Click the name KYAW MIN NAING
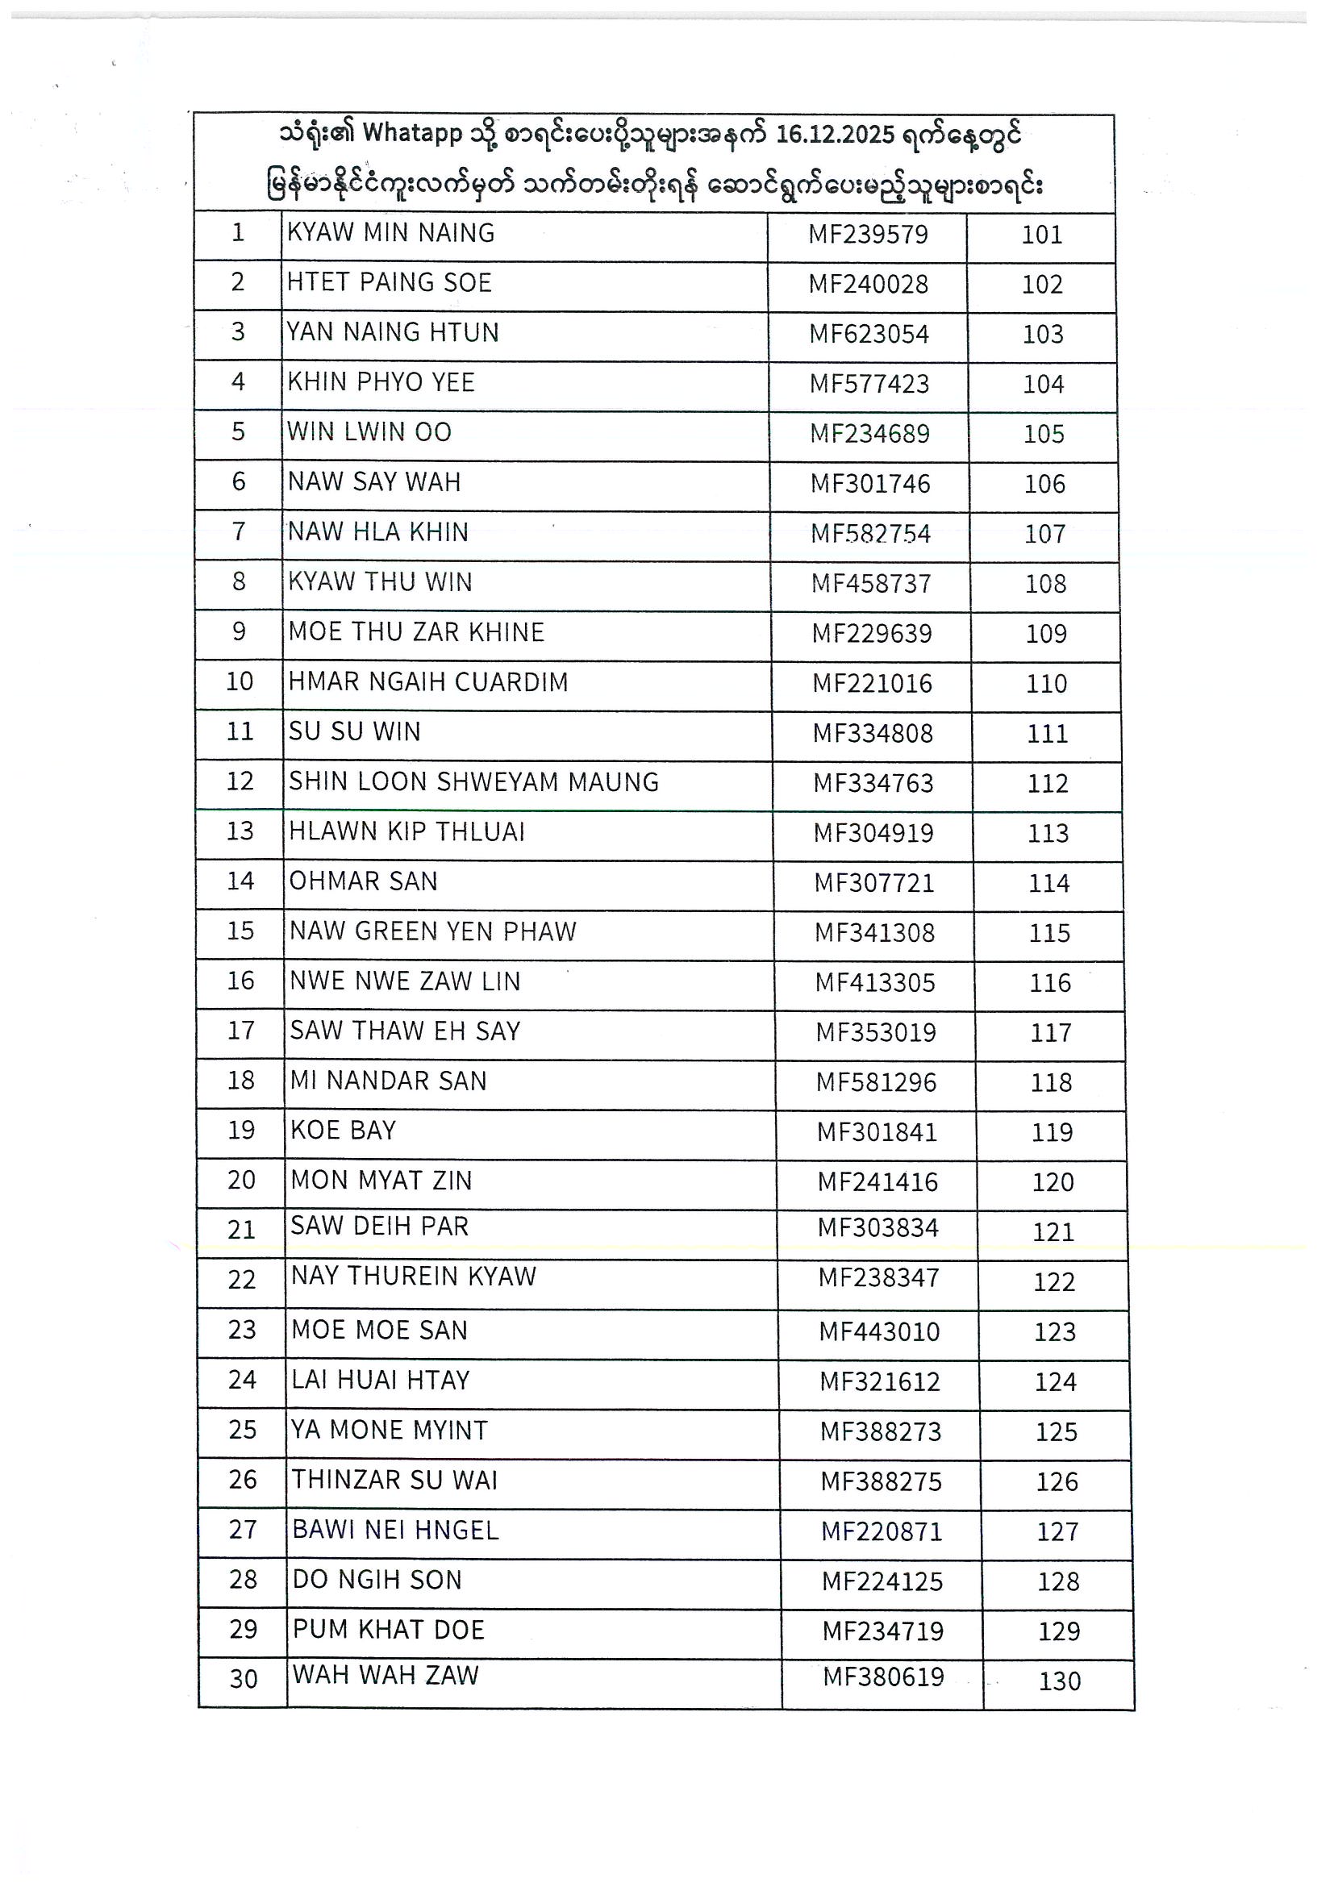pos(390,233)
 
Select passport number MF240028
pos(868,285)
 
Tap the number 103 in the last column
pos(1043,335)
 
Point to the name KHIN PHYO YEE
pos(381,382)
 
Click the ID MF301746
pos(870,484)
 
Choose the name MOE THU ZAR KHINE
pos(416,632)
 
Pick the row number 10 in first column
pos(240,681)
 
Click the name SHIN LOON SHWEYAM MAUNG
pos(473,781)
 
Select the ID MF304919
pos(873,833)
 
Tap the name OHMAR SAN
pos(363,881)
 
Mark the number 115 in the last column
pos(1049,934)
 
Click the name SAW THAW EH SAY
pos(405,1031)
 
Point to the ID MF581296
pos(876,1082)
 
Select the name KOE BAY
pos(343,1130)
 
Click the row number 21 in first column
pos(242,1231)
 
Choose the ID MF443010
pos(878,1332)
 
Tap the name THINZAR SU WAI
pos(394,1481)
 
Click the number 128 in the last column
pos(1058,1582)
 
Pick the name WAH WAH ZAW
pos(386,1676)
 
